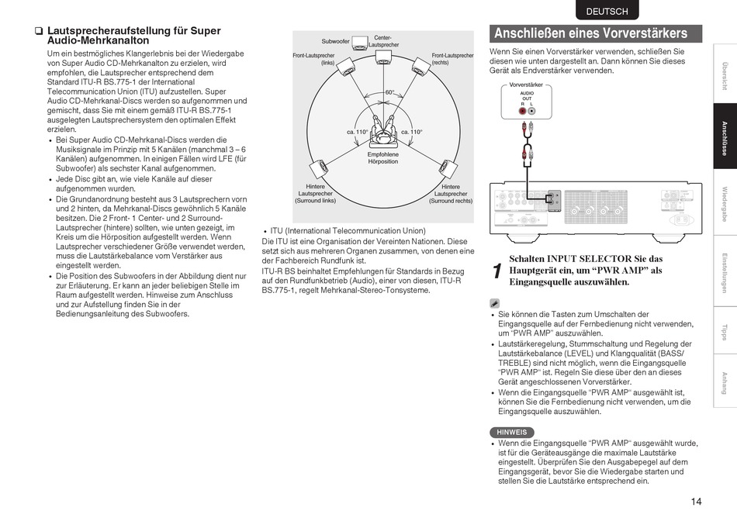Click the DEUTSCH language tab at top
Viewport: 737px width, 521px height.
(x=607, y=12)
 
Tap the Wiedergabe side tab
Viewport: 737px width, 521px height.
(x=725, y=203)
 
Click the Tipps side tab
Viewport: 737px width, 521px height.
(x=725, y=331)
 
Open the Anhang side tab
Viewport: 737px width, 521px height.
(x=725, y=383)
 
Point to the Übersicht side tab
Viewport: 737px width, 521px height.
(x=725, y=74)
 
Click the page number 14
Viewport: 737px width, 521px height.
(x=696, y=502)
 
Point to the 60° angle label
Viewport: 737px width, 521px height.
(x=390, y=92)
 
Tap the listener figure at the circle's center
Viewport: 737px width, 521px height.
(x=382, y=134)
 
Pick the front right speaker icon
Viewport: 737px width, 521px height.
(x=420, y=65)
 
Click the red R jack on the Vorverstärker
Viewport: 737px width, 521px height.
(x=523, y=111)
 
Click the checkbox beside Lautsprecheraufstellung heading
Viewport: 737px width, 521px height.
(x=38, y=32)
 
